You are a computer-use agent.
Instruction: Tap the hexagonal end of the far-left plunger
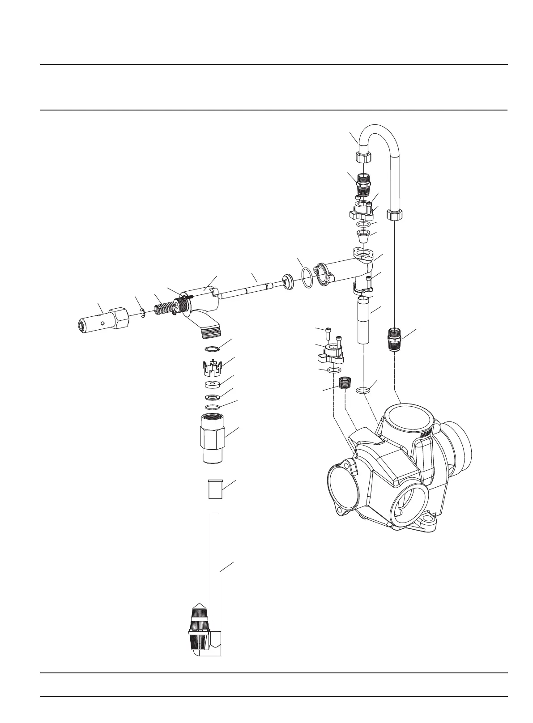[x=119, y=318]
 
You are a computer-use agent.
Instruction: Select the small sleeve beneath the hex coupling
[x=213, y=489]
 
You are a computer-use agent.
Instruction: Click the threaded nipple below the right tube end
[x=394, y=339]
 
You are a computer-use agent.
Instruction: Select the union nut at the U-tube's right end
[x=394, y=215]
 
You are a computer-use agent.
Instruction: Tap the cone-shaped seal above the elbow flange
[x=363, y=235]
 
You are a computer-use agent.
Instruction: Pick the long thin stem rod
[x=251, y=288]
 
